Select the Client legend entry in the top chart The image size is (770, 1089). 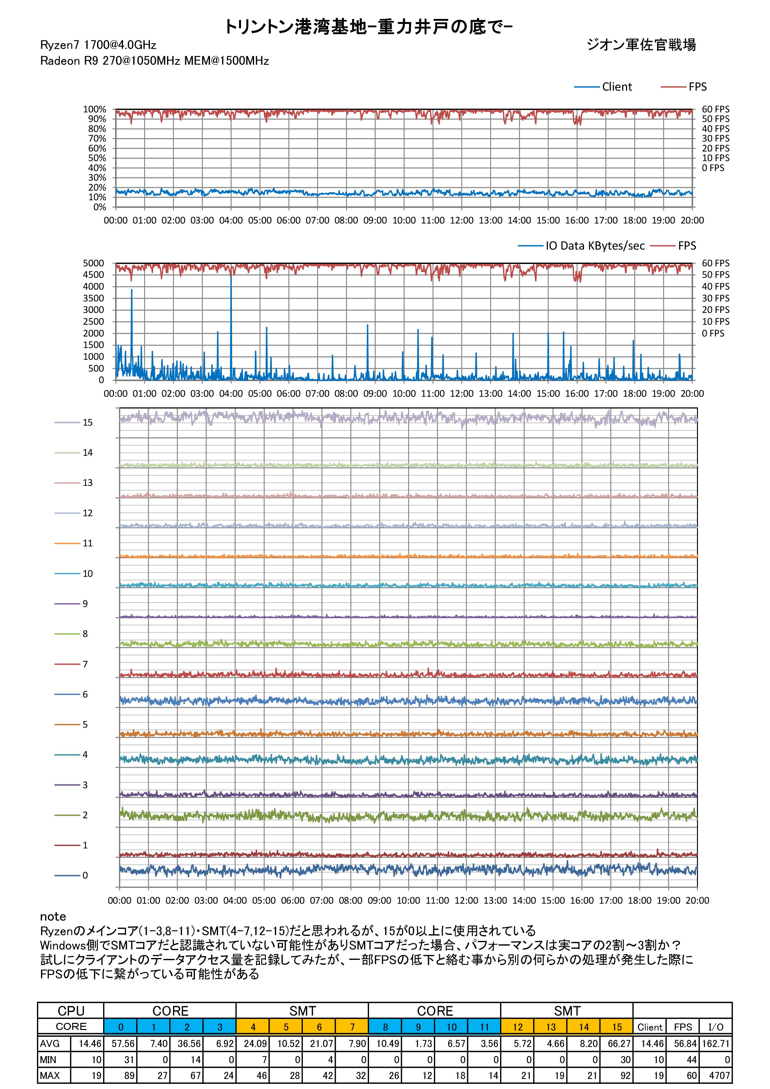click(617, 87)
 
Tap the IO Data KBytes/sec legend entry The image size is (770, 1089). click(595, 246)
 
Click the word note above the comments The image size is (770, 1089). click(53, 916)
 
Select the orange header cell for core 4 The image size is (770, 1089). click(253, 1027)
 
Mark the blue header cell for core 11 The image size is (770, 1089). click(484, 1027)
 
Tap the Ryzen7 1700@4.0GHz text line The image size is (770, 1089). click(98, 45)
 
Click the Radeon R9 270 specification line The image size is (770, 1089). click(155, 61)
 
